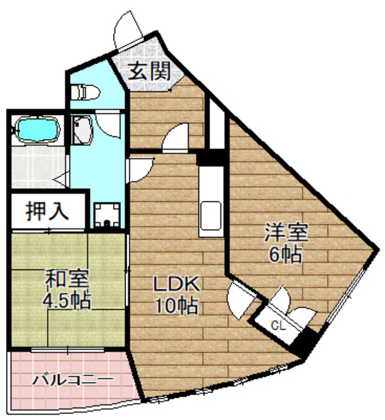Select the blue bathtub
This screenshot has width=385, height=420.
point(36,129)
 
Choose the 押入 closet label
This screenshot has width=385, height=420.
point(47,211)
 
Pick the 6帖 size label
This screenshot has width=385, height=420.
point(285,254)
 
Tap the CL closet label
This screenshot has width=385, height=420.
point(278,324)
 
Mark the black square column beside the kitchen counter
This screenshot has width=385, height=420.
point(212,157)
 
